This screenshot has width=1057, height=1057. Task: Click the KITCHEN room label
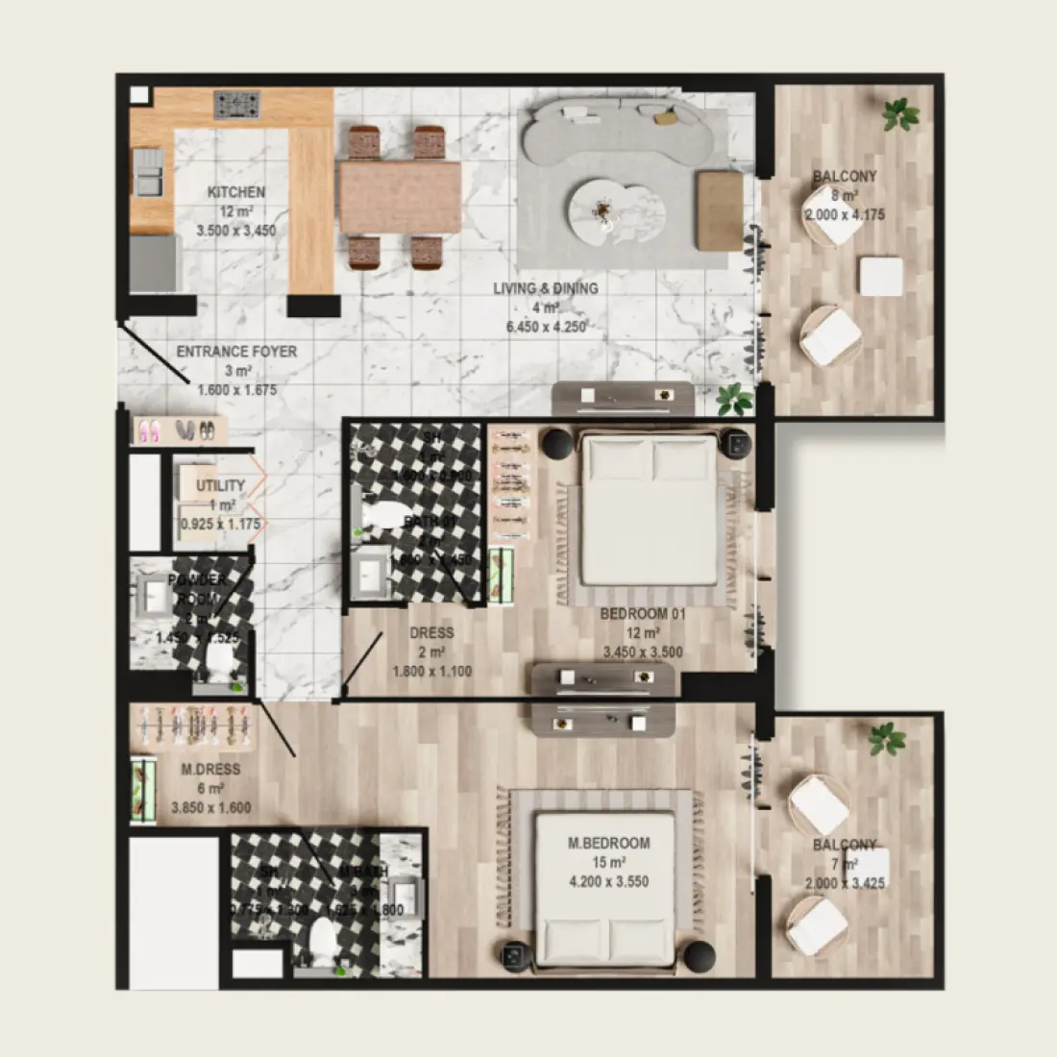pos(236,192)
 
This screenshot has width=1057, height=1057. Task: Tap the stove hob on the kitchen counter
pos(236,104)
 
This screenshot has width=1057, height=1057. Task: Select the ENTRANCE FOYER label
pos(236,352)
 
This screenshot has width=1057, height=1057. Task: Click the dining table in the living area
pos(400,198)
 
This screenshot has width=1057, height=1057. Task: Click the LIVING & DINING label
pos(545,288)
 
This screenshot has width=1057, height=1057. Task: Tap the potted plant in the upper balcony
pos(900,114)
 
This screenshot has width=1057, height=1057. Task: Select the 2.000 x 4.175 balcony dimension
pos(844,215)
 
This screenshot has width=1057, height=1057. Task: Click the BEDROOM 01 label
pos(643,614)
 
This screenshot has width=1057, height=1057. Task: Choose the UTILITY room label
pos(221,486)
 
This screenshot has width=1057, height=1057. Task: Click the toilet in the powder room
pos(220,660)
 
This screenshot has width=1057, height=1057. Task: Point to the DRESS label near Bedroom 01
pos(431,633)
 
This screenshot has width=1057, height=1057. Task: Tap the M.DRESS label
pos(210,770)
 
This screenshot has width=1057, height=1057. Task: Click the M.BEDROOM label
pos(608,844)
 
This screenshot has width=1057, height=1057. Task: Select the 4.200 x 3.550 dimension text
pos(608,881)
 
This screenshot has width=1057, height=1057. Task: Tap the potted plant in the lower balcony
pos(886,739)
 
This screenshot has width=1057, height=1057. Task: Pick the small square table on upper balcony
pos(881,277)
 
